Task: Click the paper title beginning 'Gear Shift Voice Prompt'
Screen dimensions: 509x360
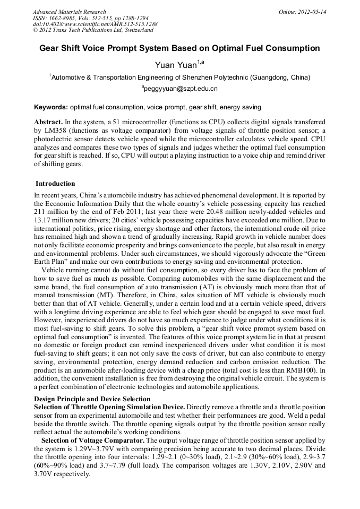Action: pyautogui.click(x=179, y=48)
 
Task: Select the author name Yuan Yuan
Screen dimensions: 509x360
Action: pyautogui.click(x=175, y=65)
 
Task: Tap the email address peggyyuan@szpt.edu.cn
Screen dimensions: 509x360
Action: pyautogui.click(x=180, y=89)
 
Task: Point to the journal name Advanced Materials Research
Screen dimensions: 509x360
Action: pyautogui.click(x=69, y=12)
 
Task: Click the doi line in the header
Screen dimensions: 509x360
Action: pyautogui.click(x=95, y=24)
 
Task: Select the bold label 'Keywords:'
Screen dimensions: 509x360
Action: pyautogui.click(x=50, y=107)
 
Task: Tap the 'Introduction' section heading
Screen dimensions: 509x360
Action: pyautogui.click(x=55, y=184)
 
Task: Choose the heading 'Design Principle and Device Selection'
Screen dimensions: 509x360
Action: pyautogui.click(x=92, y=399)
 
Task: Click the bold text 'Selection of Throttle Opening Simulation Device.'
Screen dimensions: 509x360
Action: pyautogui.click(x=110, y=407)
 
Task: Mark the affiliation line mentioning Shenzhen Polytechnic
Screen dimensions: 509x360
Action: pyautogui.click(x=180, y=77)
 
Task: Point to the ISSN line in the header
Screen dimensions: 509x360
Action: pyautogui.click(x=91, y=18)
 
